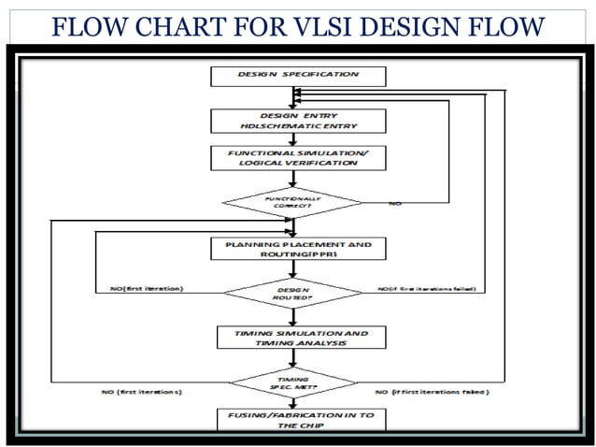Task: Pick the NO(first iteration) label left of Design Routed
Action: point(139,289)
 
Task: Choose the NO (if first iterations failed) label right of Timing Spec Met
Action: point(431,391)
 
